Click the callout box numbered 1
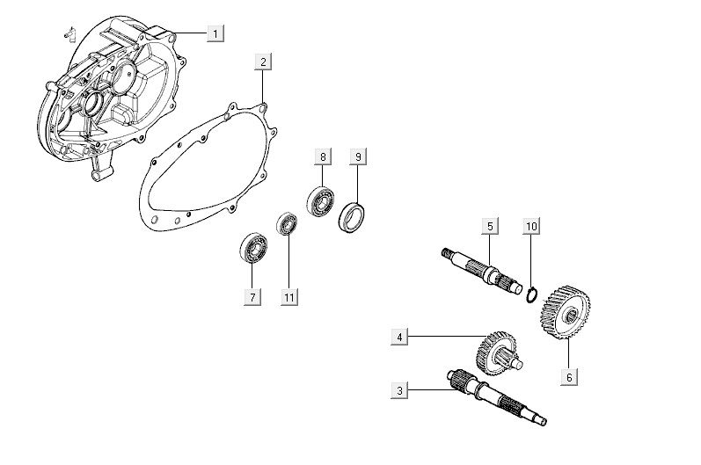(x=215, y=33)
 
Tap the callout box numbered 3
(x=400, y=389)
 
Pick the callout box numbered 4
(x=400, y=337)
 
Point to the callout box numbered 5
(x=490, y=226)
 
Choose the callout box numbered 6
(x=569, y=375)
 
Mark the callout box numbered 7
(x=252, y=297)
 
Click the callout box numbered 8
(x=323, y=157)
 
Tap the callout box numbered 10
(x=530, y=226)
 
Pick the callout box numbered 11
(x=288, y=297)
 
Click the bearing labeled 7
(x=254, y=248)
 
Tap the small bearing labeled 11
(x=287, y=223)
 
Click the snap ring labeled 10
(x=531, y=293)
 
